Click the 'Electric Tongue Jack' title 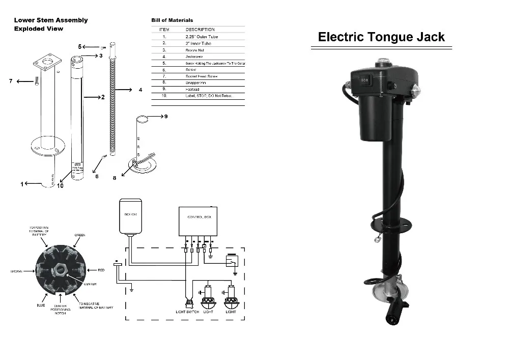click(381, 37)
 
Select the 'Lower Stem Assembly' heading click(51, 20)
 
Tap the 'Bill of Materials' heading click(172, 20)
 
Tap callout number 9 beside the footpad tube click(165, 117)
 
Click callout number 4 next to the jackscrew click(140, 90)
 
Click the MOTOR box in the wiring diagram click(130, 214)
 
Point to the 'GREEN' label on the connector click(79, 235)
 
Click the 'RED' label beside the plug click(101, 270)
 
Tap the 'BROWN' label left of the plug click(17, 271)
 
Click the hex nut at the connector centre click(60, 270)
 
